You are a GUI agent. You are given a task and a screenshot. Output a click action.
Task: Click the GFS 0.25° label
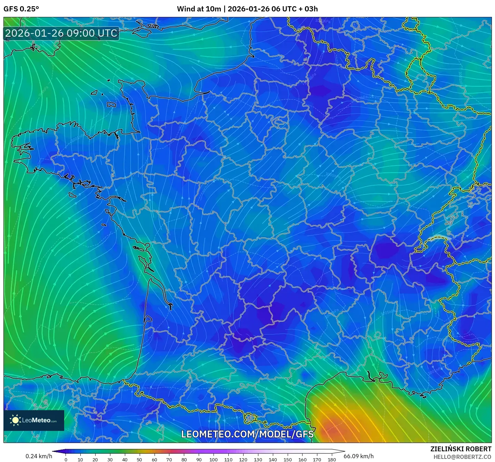point(21,9)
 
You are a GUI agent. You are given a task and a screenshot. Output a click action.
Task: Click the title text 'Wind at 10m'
point(199,9)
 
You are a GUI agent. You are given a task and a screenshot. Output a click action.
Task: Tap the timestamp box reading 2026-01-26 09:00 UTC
point(61,33)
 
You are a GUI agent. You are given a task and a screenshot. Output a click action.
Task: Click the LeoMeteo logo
point(34,420)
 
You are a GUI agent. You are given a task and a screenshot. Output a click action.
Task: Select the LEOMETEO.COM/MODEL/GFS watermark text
point(247,434)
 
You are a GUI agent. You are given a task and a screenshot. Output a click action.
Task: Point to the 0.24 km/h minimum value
point(39,456)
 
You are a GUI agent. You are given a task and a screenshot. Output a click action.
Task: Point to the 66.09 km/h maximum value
point(358,456)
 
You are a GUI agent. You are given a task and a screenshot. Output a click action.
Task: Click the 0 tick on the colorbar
point(66,459)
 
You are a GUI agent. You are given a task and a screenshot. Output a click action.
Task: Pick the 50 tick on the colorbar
point(139,459)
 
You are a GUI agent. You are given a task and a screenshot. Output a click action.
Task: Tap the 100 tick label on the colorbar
point(214,459)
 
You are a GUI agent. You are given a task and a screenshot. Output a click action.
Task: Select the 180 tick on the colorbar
point(332,459)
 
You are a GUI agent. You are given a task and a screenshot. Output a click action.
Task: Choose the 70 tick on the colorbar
point(169,459)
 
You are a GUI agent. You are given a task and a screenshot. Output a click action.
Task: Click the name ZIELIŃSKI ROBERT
point(461,449)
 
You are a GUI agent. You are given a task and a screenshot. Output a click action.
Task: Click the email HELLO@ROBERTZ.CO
point(462,457)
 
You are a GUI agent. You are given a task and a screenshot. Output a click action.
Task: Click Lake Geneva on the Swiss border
point(437,238)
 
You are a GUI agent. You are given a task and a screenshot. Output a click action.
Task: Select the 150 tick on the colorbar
point(287,459)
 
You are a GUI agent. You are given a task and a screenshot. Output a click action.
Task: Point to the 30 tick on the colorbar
point(110,459)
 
